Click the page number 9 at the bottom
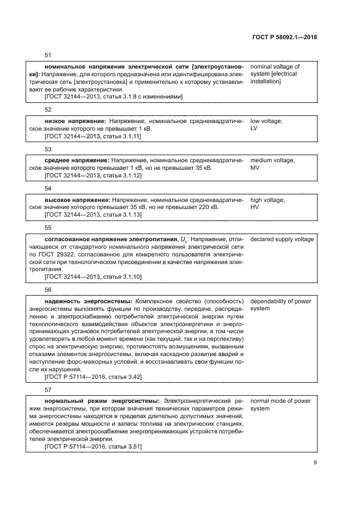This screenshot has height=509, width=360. pos(315,463)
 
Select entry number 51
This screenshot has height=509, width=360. pos(47,56)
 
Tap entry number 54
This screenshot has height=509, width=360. pos(47,188)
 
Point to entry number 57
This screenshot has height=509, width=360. pos(47,390)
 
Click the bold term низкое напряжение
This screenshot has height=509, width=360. pos(75,121)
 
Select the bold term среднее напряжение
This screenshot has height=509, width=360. pos(77,161)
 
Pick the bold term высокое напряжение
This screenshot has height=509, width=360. pos(77,200)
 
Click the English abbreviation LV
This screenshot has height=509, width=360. pos(254,128)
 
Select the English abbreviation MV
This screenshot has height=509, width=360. pos(254,168)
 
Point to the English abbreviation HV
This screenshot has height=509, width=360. pos(254,207)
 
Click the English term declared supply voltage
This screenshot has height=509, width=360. pos(282,240)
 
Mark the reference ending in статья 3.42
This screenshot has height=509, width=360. pos(93,377)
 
